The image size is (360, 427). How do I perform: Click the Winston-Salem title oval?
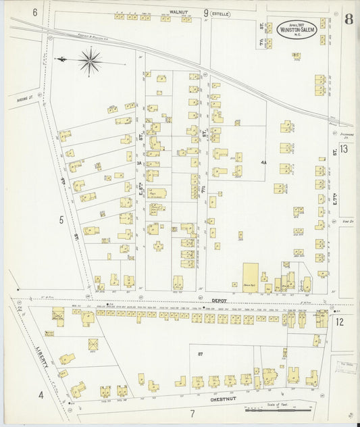point(298,30)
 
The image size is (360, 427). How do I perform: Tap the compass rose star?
point(89,61)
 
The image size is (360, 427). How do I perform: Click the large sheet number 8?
point(347,19)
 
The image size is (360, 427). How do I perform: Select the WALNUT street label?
point(178,11)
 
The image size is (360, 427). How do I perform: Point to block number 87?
point(201,354)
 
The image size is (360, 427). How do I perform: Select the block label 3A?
point(138,163)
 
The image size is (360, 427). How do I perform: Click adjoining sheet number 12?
point(340,321)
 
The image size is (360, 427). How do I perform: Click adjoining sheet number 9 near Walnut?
point(205,11)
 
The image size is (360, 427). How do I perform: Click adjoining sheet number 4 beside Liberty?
point(41,394)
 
